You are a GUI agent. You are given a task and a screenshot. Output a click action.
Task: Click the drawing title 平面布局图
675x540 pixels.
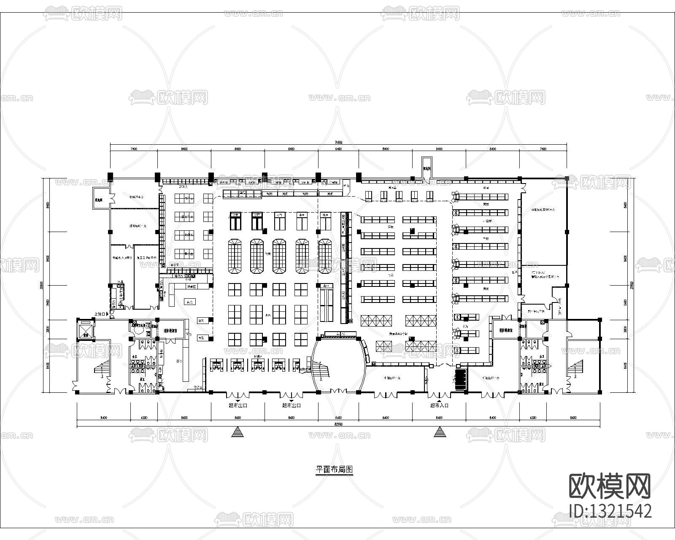point(335,469)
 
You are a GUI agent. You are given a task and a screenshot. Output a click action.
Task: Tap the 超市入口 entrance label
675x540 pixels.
point(439,405)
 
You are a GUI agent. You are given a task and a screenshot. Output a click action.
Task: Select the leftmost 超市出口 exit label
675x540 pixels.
point(238,405)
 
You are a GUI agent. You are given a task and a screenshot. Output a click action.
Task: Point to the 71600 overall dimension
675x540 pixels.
point(338,142)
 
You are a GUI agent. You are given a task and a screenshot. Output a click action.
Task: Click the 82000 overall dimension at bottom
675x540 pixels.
point(338,424)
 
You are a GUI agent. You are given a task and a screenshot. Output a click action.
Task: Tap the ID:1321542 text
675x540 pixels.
point(610,511)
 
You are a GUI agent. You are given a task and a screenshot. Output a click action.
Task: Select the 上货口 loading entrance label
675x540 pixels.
point(100,314)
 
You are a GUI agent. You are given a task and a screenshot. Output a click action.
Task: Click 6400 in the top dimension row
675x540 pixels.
point(338,149)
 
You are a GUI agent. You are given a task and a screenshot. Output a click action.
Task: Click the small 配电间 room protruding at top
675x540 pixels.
point(427,167)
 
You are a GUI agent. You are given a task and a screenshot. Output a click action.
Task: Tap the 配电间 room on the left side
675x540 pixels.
point(101,200)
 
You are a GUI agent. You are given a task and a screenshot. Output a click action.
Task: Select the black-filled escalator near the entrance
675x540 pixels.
point(461,379)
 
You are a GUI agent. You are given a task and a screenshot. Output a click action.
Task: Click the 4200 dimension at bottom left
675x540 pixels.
point(143,418)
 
